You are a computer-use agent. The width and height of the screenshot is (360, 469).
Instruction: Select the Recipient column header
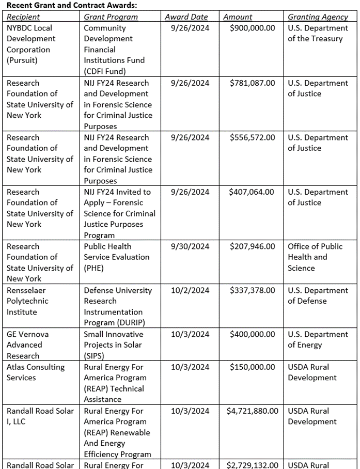(24, 17)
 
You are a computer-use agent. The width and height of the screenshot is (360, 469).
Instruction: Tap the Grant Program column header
(111, 17)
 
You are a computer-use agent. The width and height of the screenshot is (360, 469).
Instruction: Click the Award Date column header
(186, 17)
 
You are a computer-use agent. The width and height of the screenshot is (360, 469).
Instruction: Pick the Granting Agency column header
(318, 17)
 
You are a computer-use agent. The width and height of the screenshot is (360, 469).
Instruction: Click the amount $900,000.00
(252, 28)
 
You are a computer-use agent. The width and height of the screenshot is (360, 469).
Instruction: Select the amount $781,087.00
(252, 83)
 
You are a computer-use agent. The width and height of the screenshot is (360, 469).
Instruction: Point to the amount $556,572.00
(252, 137)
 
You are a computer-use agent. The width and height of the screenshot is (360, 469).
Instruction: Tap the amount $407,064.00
(252, 192)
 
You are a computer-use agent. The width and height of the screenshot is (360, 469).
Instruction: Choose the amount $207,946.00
(252, 246)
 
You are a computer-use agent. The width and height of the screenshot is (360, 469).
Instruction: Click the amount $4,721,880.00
(252, 411)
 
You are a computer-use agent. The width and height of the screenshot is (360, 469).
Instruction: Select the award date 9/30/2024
(190, 246)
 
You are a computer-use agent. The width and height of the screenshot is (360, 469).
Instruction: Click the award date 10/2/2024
(190, 290)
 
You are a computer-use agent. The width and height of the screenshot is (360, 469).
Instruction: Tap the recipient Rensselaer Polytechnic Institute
(28, 301)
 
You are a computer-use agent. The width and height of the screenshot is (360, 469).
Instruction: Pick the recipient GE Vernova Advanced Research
(26, 345)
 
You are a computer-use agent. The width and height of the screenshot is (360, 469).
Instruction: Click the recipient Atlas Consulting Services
(35, 372)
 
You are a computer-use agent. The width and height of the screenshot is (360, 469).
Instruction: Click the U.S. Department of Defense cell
(318, 295)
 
